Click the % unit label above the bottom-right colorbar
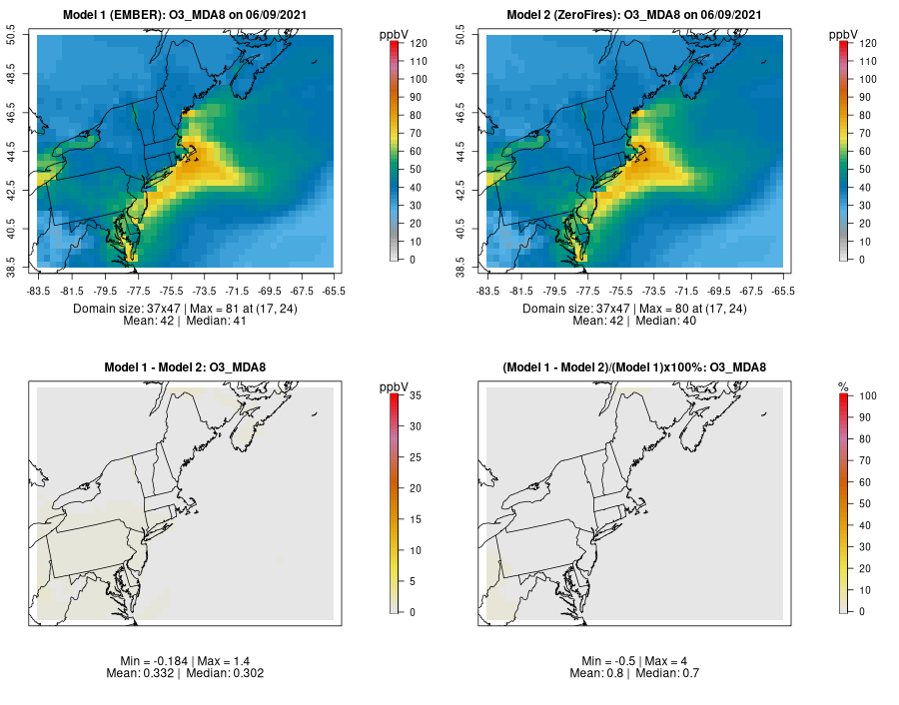843,386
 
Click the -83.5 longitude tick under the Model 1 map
38,291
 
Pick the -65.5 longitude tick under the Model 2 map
783,291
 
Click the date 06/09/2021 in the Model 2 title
730,15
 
